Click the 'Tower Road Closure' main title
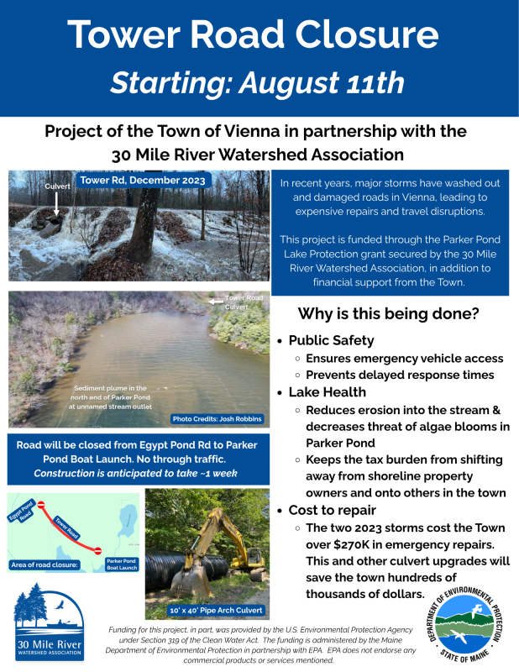(253, 34)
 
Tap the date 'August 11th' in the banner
(322, 82)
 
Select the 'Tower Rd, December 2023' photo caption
(143, 180)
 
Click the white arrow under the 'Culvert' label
(56, 203)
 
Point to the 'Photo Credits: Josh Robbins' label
(217, 418)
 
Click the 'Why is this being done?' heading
(388, 313)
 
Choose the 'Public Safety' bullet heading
(331, 340)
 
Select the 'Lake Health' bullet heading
(328, 392)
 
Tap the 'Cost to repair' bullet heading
(332, 510)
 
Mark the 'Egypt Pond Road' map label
(23, 511)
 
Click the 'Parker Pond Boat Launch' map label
(122, 564)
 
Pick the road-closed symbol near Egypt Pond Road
(41, 505)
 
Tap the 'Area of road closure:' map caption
(45, 564)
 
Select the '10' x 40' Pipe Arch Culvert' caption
(216, 611)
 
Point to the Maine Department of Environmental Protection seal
(465, 624)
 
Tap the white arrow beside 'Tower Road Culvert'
(216, 302)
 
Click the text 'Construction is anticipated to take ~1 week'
(135, 473)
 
